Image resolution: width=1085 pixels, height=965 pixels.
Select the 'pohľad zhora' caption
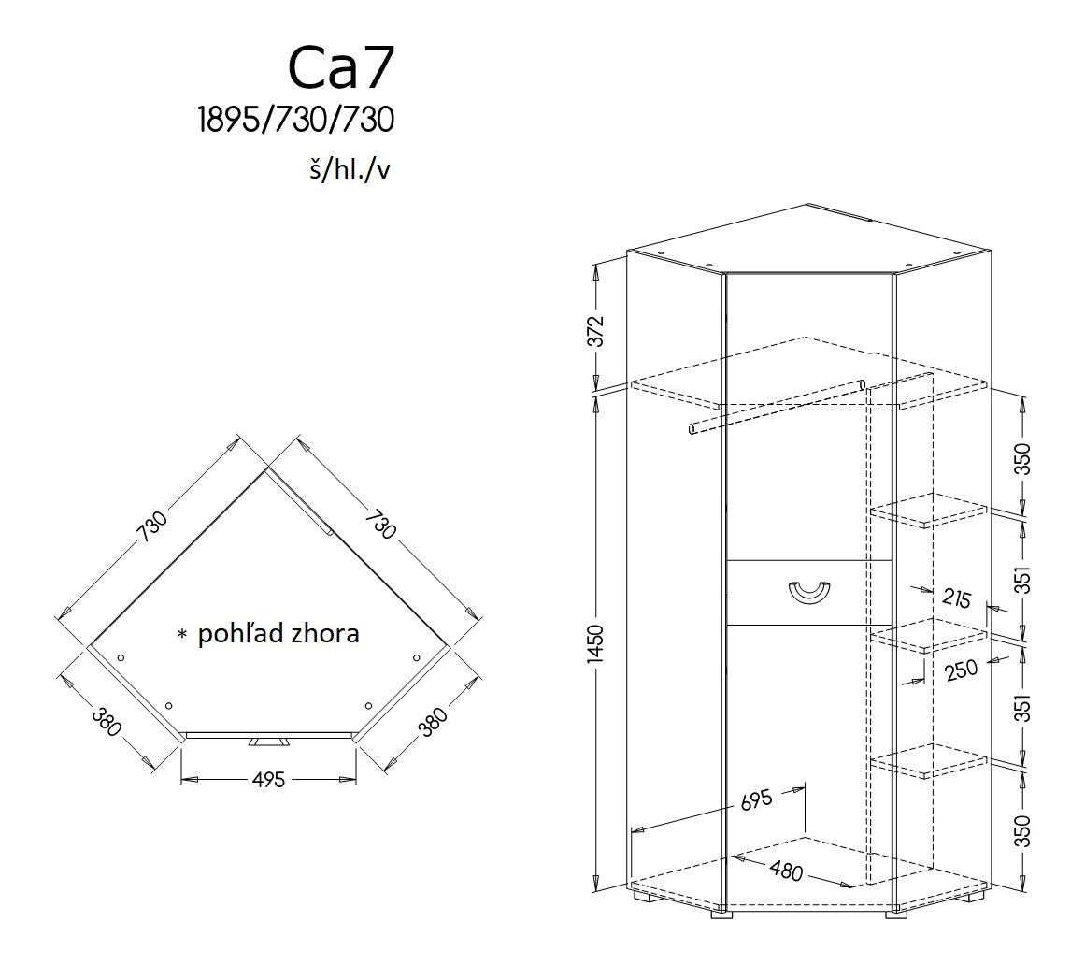pyautogui.click(x=278, y=634)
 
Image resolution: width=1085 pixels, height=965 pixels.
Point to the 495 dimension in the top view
pyautogui.click(x=268, y=779)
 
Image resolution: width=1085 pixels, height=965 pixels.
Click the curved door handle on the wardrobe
pyautogui.click(x=809, y=591)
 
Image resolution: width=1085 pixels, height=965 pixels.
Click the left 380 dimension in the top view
pyautogui.click(x=107, y=722)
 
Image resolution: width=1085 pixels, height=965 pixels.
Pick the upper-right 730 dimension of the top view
pyautogui.click(x=380, y=524)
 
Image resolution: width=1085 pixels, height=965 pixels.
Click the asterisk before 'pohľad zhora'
pyautogui.click(x=181, y=635)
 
